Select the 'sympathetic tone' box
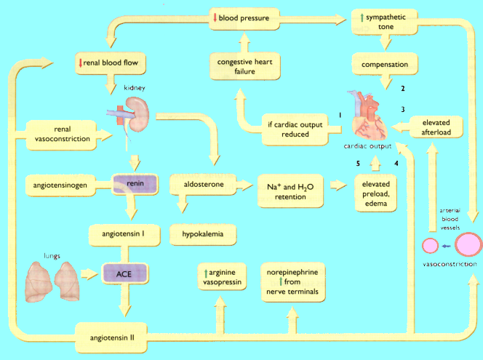click(388, 22)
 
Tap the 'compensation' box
click(389, 64)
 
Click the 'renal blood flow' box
click(117, 64)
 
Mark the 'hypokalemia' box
click(203, 235)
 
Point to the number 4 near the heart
click(396, 163)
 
